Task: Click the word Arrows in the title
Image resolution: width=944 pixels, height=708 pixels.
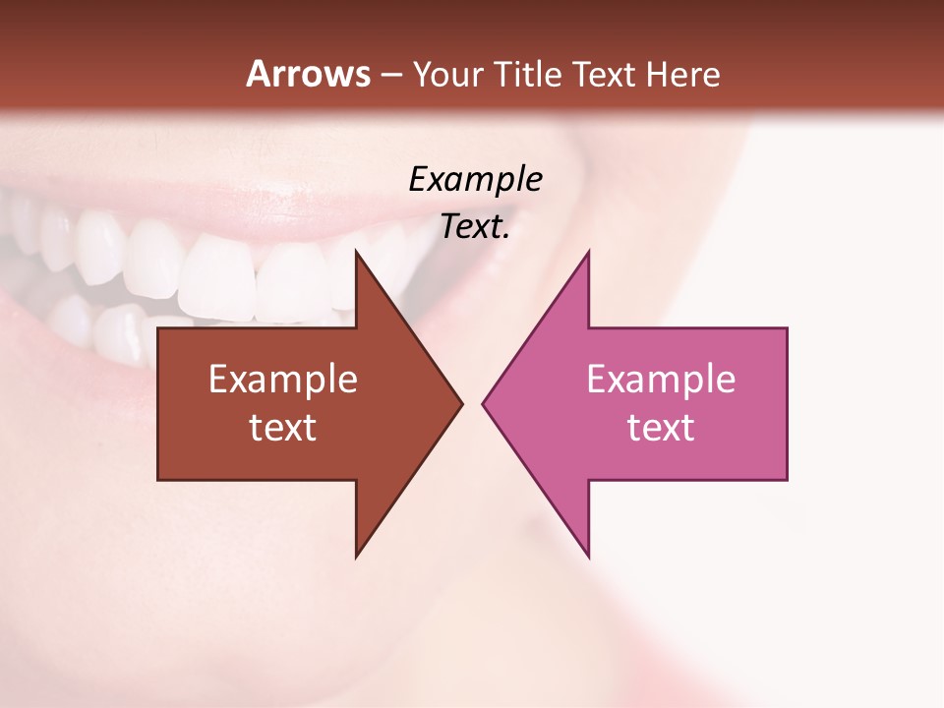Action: pyautogui.click(x=308, y=74)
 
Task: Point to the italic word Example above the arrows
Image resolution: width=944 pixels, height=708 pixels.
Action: pyautogui.click(x=475, y=180)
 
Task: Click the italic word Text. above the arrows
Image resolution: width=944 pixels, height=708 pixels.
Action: pyautogui.click(x=475, y=227)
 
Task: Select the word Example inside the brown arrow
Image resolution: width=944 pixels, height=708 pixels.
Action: pyautogui.click(x=283, y=380)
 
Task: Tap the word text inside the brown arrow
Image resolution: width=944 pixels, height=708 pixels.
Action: pyautogui.click(x=283, y=428)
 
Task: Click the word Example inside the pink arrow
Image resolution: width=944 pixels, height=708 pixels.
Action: pyautogui.click(x=661, y=380)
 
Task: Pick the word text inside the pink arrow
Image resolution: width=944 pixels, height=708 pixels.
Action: pyautogui.click(x=661, y=428)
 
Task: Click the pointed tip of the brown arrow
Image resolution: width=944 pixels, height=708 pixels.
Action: pyautogui.click(x=462, y=403)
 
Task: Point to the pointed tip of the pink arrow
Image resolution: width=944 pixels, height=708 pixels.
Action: pyautogui.click(x=483, y=403)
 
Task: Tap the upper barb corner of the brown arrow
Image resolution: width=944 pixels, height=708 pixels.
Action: pyautogui.click(x=356, y=251)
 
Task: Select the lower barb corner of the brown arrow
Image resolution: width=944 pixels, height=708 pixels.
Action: pyautogui.click(x=356, y=557)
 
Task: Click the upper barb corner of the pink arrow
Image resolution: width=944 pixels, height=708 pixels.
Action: pyautogui.click(x=589, y=251)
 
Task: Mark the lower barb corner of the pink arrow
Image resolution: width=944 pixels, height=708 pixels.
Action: pyautogui.click(x=589, y=557)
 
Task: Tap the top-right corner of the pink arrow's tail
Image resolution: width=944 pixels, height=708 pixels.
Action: pyautogui.click(x=787, y=328)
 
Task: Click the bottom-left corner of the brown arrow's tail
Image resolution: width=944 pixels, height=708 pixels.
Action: pyautogui.click(x=158, y=480)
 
